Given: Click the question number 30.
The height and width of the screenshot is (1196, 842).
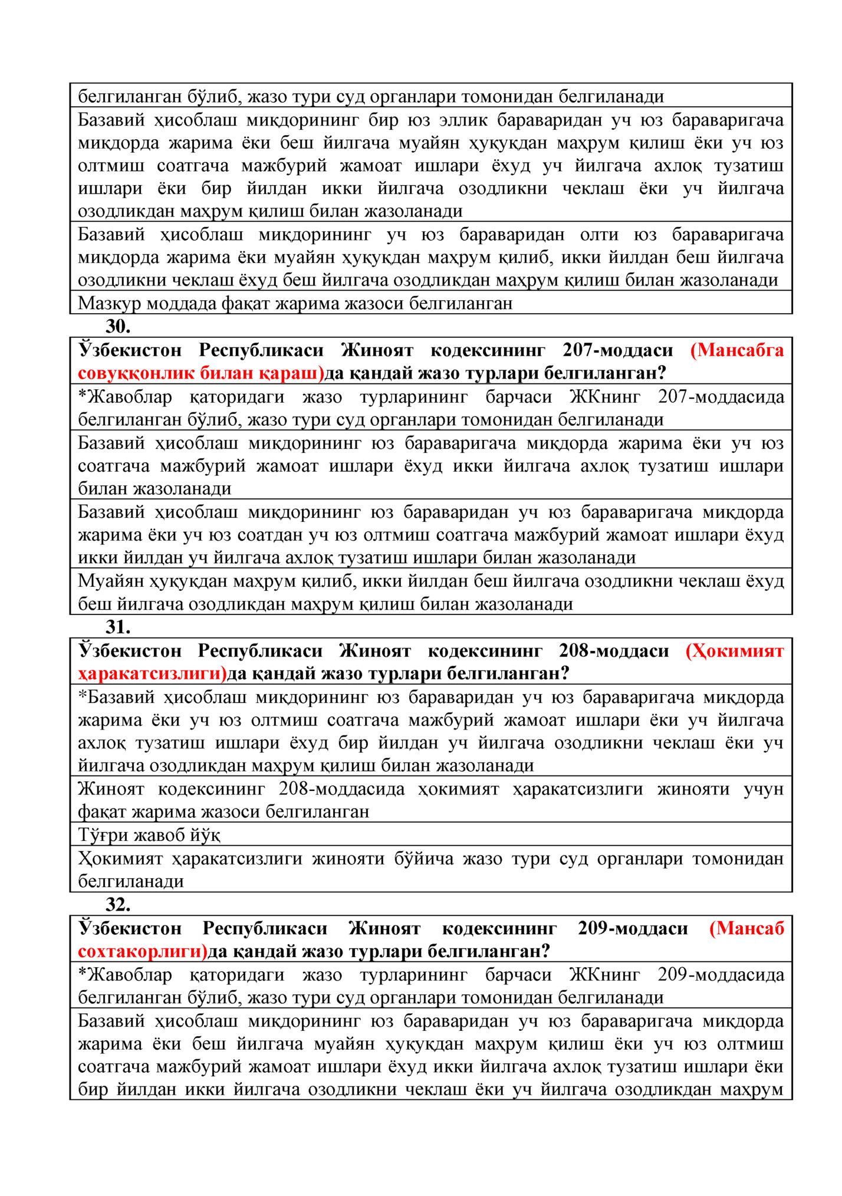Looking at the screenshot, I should (118, 326).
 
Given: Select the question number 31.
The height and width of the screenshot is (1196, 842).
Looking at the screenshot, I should (118, 627).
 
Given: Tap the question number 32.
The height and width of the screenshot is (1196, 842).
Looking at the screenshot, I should (118, 904).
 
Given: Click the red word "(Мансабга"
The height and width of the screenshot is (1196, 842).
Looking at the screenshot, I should (737, 350).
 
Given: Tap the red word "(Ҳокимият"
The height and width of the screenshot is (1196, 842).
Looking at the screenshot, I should (735, 651).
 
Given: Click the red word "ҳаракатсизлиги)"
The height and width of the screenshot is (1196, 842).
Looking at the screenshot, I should (152, 674).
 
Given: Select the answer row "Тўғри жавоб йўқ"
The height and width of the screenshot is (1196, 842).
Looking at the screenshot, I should (149, 835).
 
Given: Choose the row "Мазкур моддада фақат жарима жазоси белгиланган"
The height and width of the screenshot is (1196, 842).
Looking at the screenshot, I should (295, 304).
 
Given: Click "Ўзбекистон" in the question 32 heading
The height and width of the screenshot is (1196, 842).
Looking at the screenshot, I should (130, 928).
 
